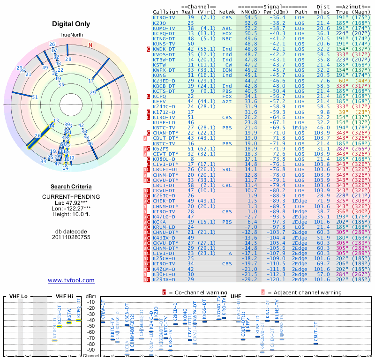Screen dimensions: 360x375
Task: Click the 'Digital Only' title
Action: [71, 24]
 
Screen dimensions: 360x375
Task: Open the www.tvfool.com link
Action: [71, 280]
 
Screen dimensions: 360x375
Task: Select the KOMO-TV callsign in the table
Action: [164, 28]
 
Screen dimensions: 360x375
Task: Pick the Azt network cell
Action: [227, 101]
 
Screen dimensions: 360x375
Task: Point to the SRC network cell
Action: [227, 169]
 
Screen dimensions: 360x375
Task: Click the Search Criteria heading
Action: [71, 187]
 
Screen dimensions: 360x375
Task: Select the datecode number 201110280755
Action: [71, 237]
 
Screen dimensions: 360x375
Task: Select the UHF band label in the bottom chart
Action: [236, 297]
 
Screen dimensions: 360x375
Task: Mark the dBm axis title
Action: [91, 296]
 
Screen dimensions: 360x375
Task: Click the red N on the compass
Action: [90, 45]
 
